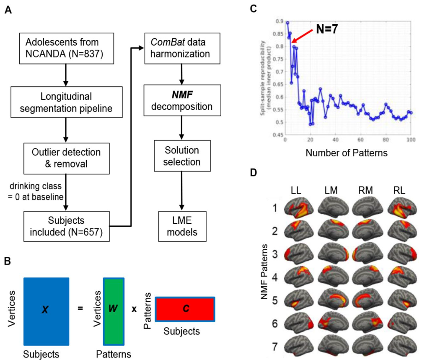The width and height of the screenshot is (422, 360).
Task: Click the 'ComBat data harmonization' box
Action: tap(181, 49)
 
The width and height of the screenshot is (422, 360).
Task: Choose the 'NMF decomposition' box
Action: tap(181, 100)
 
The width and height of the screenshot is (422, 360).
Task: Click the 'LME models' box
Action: tap(181, 226)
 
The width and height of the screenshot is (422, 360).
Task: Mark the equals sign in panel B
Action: tap(80, 308)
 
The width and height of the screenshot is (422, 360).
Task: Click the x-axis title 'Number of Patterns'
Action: tap(346, 153)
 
